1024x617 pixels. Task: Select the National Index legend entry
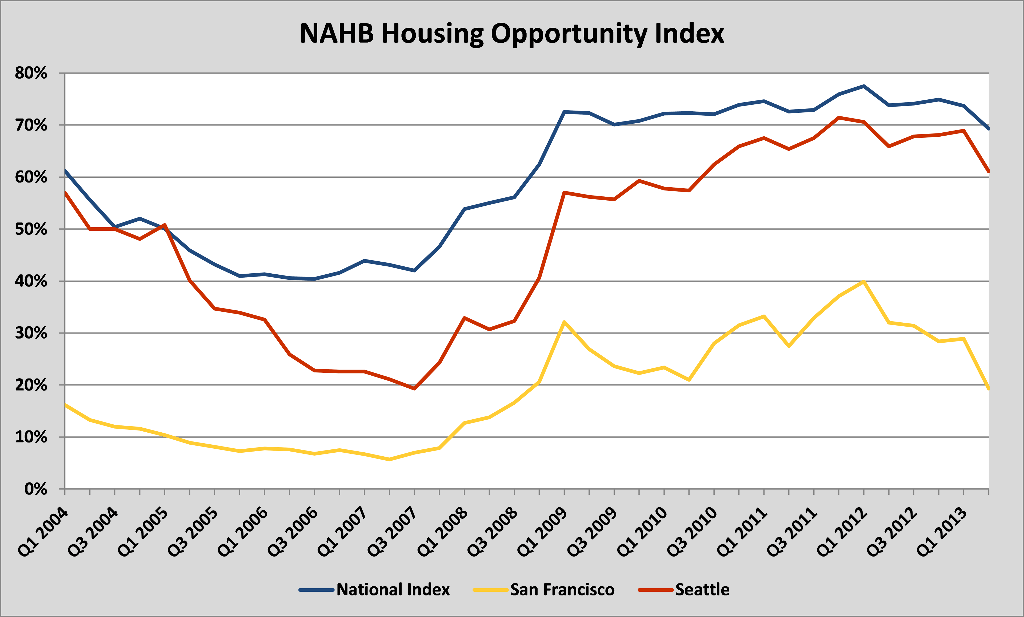[x=393, y=590]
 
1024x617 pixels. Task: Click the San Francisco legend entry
[x=562, y=590]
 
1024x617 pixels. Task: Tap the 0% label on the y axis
[x=36, y=489]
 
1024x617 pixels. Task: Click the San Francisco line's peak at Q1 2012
[x=864, y=282]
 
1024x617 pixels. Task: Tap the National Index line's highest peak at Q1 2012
[x=864, y=86]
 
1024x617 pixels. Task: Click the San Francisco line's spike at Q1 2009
[x=564, y=322]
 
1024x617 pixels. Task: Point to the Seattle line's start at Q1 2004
[x=65, y=192]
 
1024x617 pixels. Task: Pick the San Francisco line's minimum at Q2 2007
[x=389, y=460]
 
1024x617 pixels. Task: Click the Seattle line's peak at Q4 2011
[x=839, y=117]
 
